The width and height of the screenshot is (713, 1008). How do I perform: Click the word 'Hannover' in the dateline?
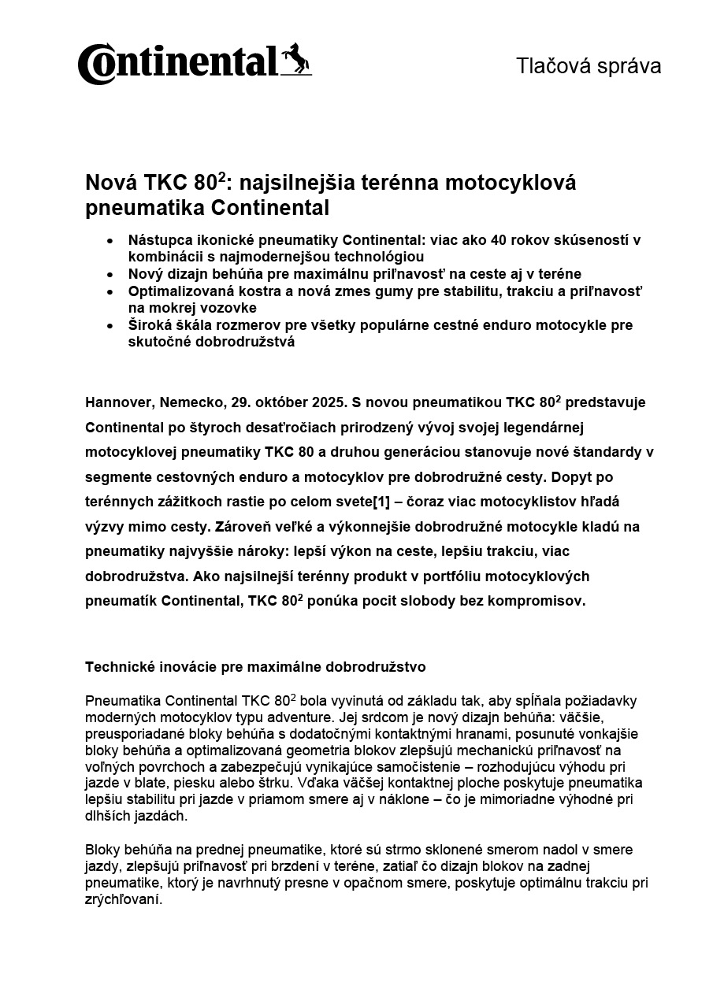point(119,402)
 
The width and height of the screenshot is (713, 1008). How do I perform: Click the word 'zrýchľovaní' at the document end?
point(122,900)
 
